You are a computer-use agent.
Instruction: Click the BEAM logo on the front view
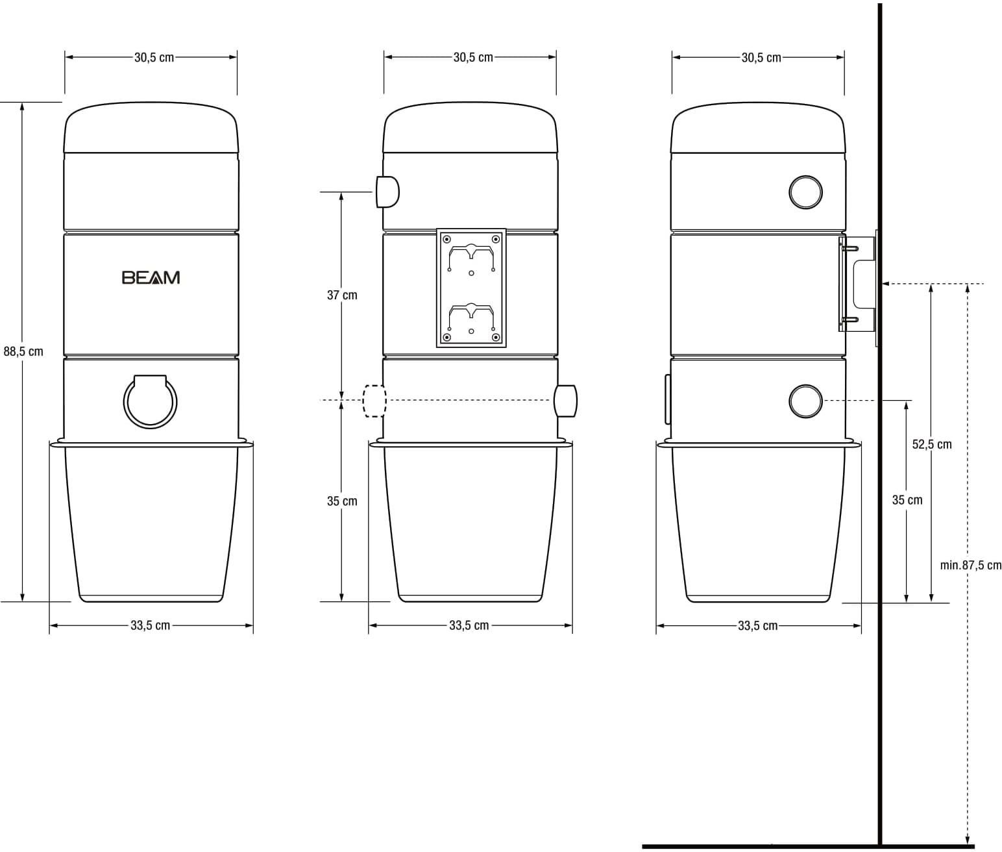point(151,278)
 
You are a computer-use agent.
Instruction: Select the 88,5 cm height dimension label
point(23,351)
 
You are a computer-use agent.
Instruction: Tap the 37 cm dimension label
point(342,295)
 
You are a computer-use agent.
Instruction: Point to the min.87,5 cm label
point(970,565)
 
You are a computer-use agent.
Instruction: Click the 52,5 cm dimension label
point(931,444)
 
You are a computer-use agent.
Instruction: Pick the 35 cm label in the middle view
point(342,501)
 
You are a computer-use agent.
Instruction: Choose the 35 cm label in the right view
point(907,500)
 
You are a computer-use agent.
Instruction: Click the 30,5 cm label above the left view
point(154,57)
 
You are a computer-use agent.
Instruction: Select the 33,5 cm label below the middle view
point(469,625)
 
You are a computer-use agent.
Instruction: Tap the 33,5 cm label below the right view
point(757,626)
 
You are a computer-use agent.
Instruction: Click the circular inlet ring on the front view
point(150,403)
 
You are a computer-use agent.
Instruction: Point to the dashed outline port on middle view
point(374,401)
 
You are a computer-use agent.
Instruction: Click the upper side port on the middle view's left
point(387,192)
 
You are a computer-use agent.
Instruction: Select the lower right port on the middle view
point(566,401)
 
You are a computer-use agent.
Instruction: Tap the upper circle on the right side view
point(805,192)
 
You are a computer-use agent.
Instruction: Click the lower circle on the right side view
point(805,401)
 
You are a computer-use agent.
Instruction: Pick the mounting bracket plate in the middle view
point(471,288)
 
